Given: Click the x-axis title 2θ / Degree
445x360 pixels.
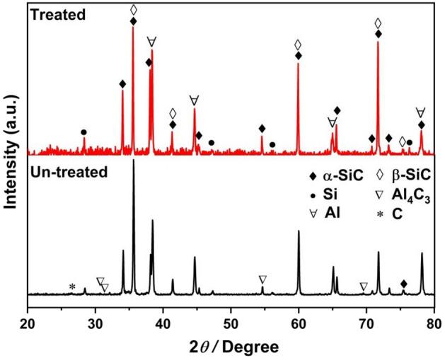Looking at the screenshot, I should point(230,346).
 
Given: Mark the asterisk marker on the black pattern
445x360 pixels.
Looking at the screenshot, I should point(71,287).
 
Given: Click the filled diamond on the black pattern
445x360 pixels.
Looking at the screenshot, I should point(404,284).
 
